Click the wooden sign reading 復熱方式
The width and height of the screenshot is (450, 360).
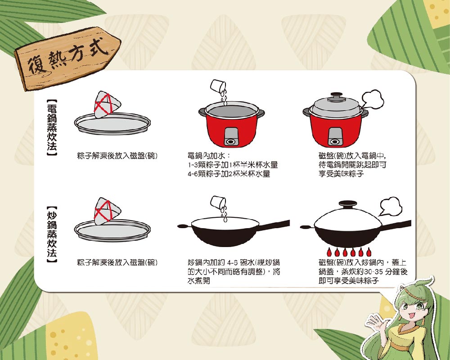(68, 58)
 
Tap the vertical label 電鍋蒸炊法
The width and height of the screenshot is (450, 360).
(52, 128)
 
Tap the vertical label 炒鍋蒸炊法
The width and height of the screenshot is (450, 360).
(52, 234)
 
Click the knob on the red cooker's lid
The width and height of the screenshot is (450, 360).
(337, 95)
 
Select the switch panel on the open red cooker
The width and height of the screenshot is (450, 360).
(231, 137)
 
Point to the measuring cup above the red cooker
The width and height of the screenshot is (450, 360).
(218, 86)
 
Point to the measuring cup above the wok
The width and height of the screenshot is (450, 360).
(218, 202)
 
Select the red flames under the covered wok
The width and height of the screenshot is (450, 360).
(349, 252)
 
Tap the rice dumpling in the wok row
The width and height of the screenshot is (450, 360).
(107, 211)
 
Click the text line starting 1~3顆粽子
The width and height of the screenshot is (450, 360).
(233, 165)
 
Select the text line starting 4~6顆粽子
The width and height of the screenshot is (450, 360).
(229, 174)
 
